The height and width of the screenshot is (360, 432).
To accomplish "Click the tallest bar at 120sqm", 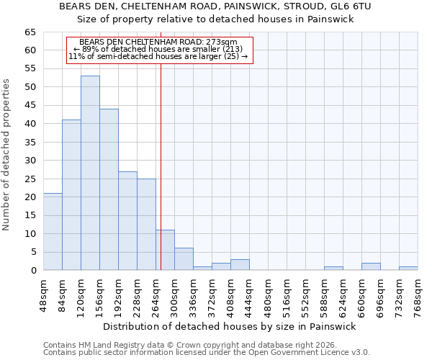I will tap(90, 173).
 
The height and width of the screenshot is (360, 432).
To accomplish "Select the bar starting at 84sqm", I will tap(71, 194).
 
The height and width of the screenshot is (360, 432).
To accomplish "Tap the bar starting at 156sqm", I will tap(109, 189).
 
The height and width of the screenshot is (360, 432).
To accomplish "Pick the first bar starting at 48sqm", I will tap(53, 231).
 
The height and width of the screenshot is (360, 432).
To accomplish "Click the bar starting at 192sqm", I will tap(127, 220).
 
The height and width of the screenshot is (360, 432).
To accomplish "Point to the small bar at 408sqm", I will tap(240, 265).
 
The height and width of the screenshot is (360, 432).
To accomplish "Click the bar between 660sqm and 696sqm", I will tap(371, 266).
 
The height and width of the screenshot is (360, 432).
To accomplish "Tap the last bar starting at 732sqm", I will tap(408, 269).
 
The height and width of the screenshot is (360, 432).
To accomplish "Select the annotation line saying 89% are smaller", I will tap(158, 49).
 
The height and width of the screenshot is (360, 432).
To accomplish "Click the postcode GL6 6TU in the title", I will tap(350, 6).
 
